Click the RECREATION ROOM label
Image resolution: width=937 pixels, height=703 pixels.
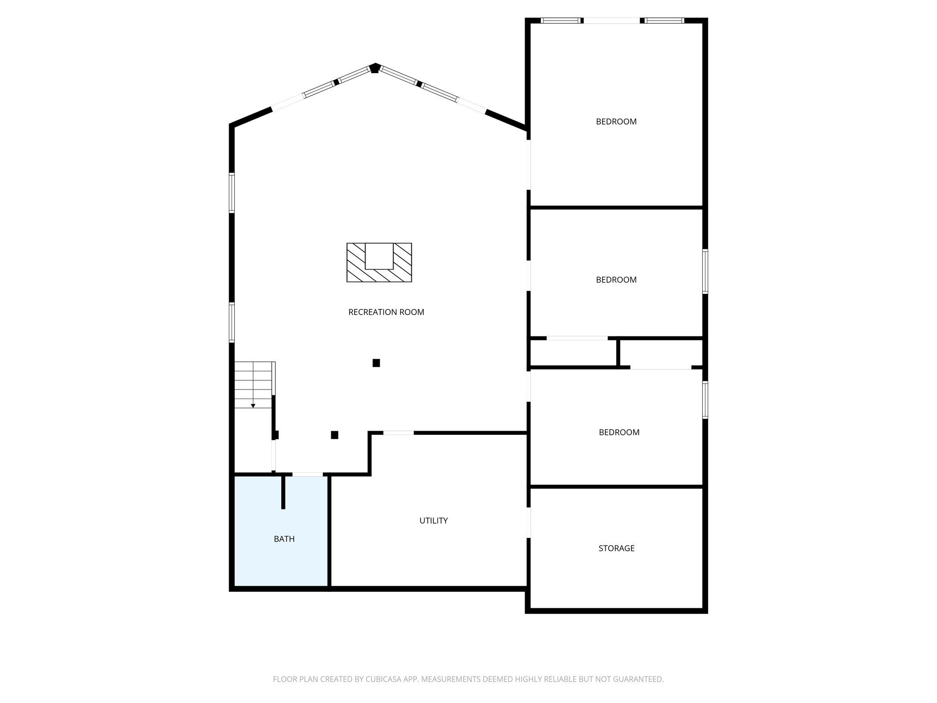pos(386,312)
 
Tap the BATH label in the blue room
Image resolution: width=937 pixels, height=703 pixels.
pos(284,539)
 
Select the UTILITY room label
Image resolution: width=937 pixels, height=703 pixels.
pos(433,520)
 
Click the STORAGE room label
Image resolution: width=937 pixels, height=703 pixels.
pos(616,548)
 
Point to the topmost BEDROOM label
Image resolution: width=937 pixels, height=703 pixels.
pos(616,122)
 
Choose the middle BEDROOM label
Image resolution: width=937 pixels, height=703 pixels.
pos(616,280)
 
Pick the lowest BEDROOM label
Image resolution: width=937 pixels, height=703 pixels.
pos(619,433)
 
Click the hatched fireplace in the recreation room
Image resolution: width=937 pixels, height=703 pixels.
pos(379,263)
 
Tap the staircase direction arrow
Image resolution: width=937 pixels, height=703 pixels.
pos(253,405)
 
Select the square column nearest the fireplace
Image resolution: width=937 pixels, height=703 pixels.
pos(376,363)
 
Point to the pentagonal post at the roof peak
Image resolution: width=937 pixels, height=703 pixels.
pos(375,69)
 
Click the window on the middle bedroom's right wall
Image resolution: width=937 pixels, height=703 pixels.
pos(705,271)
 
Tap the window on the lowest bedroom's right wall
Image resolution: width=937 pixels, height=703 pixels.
pos(705,400)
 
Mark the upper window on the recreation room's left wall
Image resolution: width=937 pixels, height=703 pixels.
pos(232,193)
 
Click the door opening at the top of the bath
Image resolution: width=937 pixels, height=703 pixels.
pos(307,475)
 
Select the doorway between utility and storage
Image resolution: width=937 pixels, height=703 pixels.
pos(529,523)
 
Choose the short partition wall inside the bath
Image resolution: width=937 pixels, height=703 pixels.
pos(283,492)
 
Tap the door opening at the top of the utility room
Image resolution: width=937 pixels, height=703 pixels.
pos(398,433)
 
